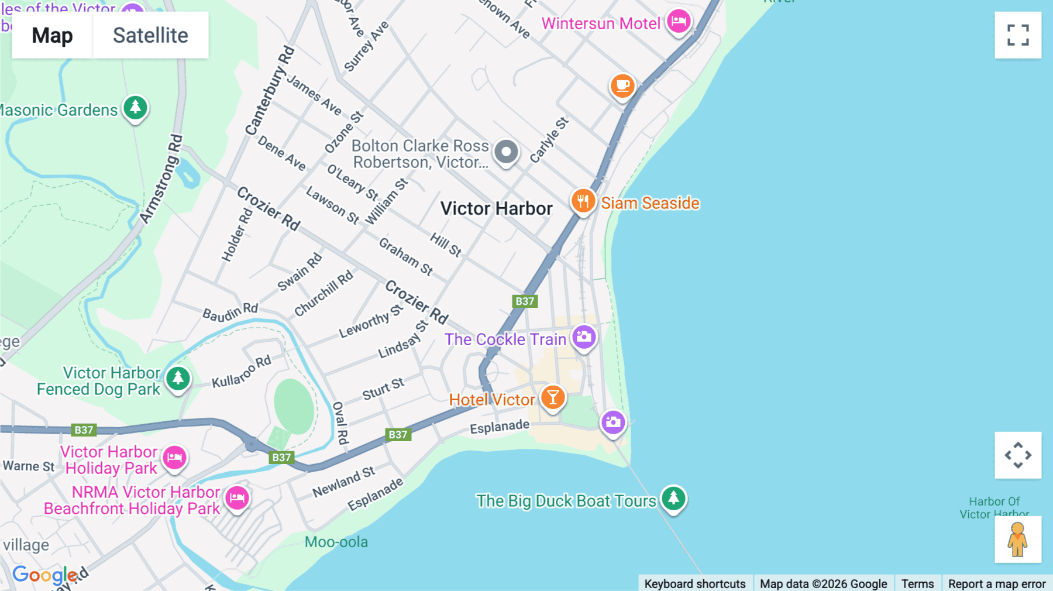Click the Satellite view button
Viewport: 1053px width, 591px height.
click(150, 35)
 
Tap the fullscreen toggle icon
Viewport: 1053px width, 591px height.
click(1018, 35)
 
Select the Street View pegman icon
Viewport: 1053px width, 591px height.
click(1018, 540)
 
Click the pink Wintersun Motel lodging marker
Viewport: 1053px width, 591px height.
click(679, 22)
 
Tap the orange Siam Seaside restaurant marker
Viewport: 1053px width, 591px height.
click(583, 202)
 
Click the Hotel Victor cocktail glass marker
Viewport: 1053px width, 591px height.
click(552, 398)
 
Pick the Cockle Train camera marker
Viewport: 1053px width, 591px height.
click(584, 338)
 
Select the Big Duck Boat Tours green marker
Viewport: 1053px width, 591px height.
click(673, 499)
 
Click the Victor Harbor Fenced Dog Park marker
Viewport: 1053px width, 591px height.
click(178, 379)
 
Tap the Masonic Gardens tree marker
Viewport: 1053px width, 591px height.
click(135, 108)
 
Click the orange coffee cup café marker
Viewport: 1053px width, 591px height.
click(622, 86)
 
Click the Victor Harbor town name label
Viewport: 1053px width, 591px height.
click(496, 208)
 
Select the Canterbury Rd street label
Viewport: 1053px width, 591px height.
click(270, 91)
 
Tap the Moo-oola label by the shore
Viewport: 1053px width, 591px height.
click(336, 542)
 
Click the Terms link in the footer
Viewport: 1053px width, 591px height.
click(917, 583)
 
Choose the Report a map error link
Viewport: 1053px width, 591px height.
click(997, 583)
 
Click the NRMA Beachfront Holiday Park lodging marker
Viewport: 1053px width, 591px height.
click(237, 498)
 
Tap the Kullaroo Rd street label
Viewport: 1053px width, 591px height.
click(241, 372)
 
